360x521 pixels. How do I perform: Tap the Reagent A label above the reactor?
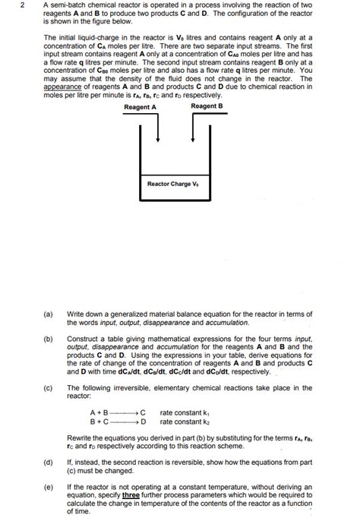[x=140, y=107]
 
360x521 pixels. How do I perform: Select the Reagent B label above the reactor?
[x=207, y=107]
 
